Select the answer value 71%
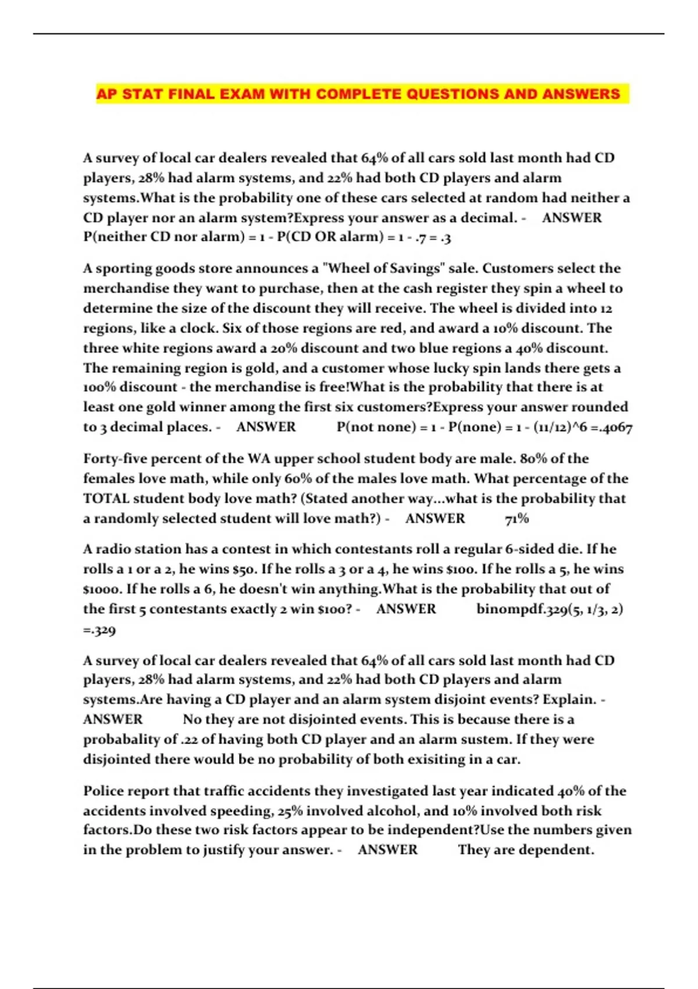point(517,518)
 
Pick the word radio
point(116,549)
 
